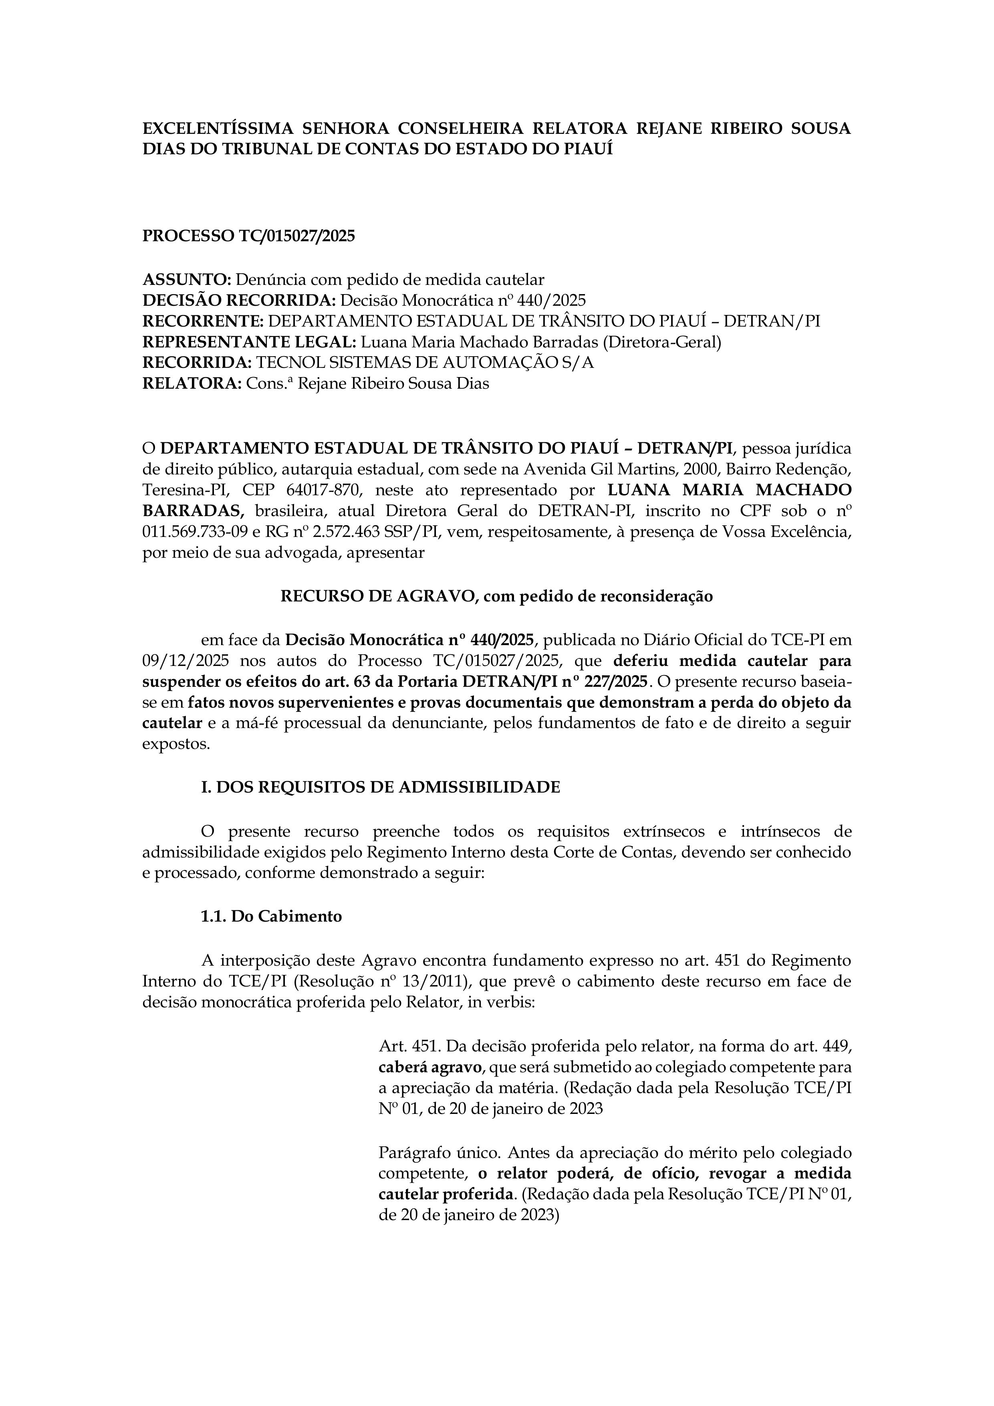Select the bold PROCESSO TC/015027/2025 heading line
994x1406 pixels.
click(249, 236)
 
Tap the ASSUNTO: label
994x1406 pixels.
click(186, 280)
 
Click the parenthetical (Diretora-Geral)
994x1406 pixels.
click(662, 342)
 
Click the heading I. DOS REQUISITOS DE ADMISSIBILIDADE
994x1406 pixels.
click(380, 787)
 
